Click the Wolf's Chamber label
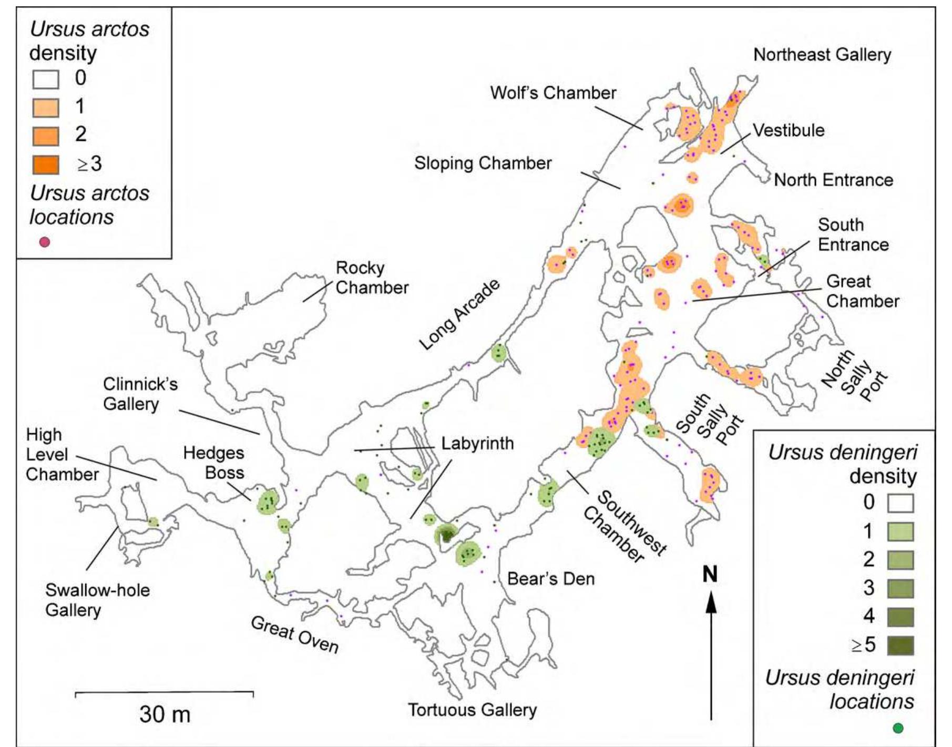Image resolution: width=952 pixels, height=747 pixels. coord(552,93)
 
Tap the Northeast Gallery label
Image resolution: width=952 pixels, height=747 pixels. coord(822,55)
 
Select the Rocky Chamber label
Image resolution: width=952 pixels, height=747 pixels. coord(371,278)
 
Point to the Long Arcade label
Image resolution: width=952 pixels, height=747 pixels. coord(459,314)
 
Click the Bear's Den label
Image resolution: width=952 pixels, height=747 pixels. coord(550,579)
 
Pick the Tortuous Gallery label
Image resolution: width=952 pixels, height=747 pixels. coord(472,710)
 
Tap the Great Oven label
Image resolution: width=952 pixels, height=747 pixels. coord(294,635)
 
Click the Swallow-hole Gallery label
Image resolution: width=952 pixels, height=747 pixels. coord(97,600)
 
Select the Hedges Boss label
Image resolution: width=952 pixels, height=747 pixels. coord(213,463)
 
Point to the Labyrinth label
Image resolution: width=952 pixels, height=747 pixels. coord(477,443)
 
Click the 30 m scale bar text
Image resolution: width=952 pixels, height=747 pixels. coord(165,714)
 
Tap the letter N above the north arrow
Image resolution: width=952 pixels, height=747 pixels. coord(710,574)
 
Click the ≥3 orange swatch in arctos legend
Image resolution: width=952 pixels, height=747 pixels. coord(46,165)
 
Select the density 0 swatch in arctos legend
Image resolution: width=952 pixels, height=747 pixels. coord(46,79)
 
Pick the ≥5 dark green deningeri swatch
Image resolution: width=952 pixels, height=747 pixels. coord(900,645)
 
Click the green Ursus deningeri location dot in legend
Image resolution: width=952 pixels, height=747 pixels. coord(898,728)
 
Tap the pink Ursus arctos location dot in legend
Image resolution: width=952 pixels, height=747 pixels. coord(45,242)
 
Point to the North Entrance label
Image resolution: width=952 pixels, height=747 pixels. coord(833,180)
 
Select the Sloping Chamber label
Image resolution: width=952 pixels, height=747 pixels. coord(483,163)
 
